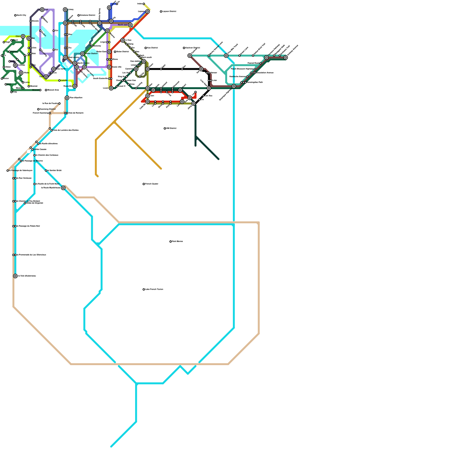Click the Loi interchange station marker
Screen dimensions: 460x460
click(42, 9)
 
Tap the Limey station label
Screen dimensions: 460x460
click(71, 9)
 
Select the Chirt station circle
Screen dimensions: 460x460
click(23, 36)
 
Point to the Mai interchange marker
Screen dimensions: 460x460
click(29, 38)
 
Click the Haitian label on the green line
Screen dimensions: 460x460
click(14, 52)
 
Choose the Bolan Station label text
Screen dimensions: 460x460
click(91, 53)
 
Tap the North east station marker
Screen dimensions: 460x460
click(130, 25)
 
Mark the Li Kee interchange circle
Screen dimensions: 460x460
click(123, 40)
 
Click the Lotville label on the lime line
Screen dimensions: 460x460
click(64, 80)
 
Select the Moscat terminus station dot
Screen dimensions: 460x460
click(40, 90)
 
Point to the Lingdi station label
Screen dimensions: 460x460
click(103, 42)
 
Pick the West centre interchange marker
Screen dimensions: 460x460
click(65, 57)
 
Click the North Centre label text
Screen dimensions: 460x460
click(83, 63)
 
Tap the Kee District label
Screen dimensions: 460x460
click(152, 48)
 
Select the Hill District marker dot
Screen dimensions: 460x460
click(165, 129)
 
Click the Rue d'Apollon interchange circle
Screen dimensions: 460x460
click(67, 98)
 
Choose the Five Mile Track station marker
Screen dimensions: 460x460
click(226, 55)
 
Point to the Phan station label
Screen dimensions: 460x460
click(15, 40)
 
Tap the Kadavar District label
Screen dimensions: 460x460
click(193, 48)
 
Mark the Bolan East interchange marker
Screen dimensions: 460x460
click(109, 52)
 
